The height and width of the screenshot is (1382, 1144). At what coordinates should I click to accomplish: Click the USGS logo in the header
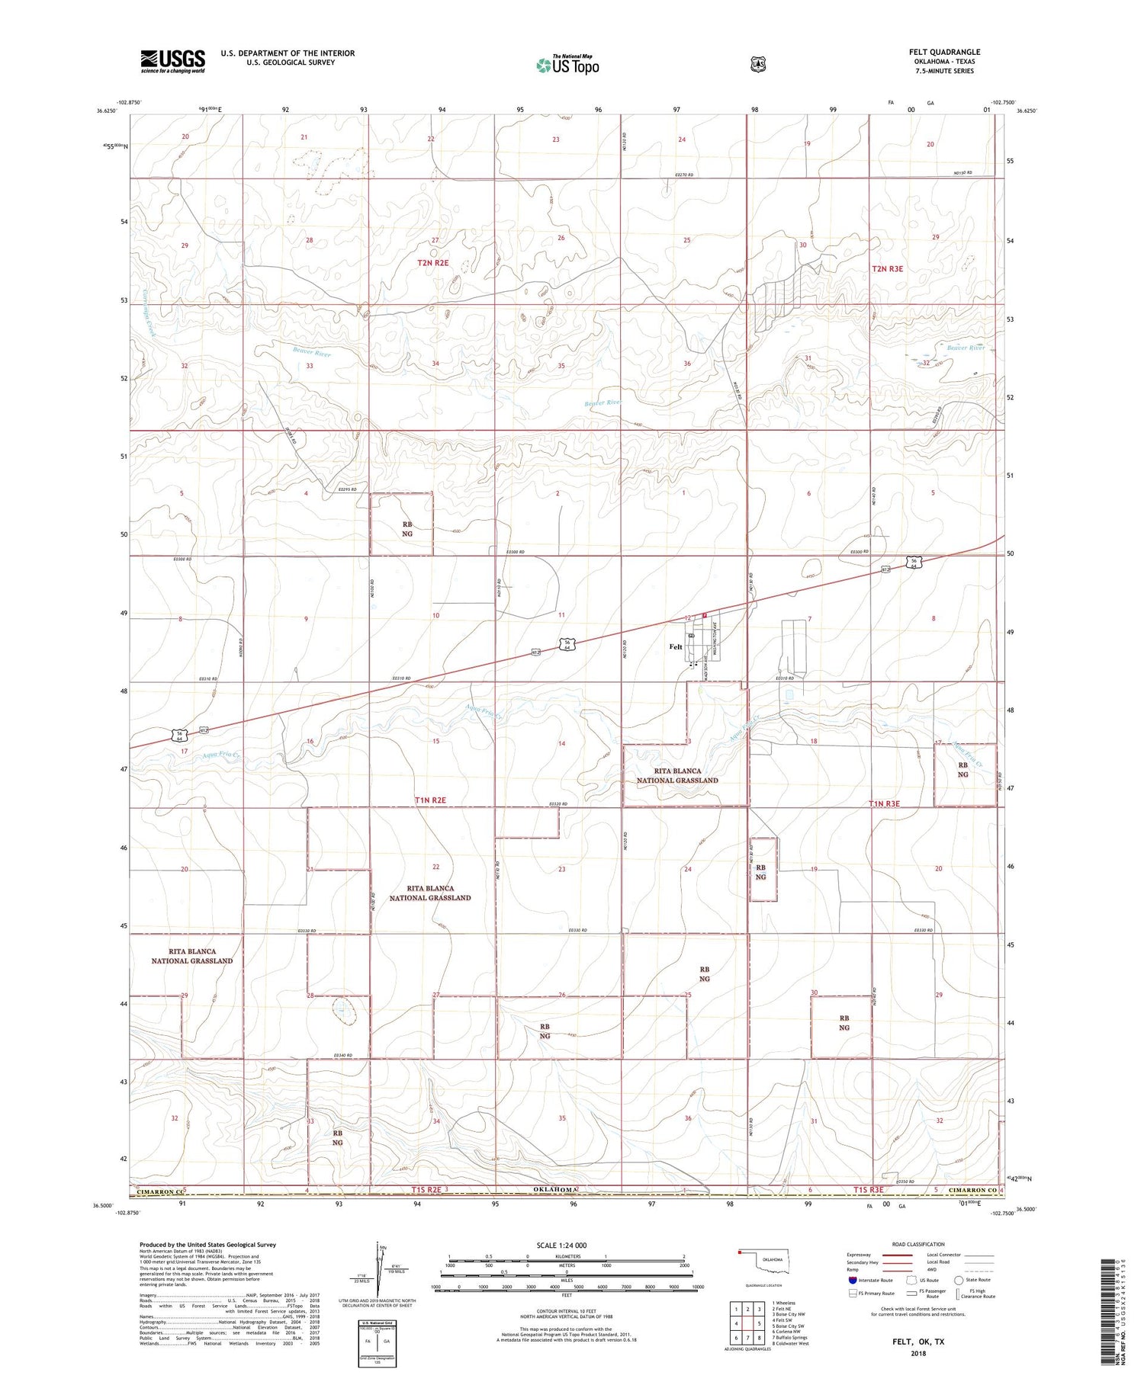click(x=172, y=61)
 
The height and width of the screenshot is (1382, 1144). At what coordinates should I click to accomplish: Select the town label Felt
click(x=676, y=646)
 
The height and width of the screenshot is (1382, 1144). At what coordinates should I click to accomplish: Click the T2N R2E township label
click(x=432, y=263)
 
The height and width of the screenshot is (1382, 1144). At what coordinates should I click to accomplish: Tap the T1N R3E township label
click(x=885, y=803)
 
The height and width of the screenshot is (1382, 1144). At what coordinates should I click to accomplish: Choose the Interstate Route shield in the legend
click(x=853, y=1280)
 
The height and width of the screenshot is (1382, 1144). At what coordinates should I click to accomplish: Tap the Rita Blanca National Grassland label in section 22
click(x=429, y=893)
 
